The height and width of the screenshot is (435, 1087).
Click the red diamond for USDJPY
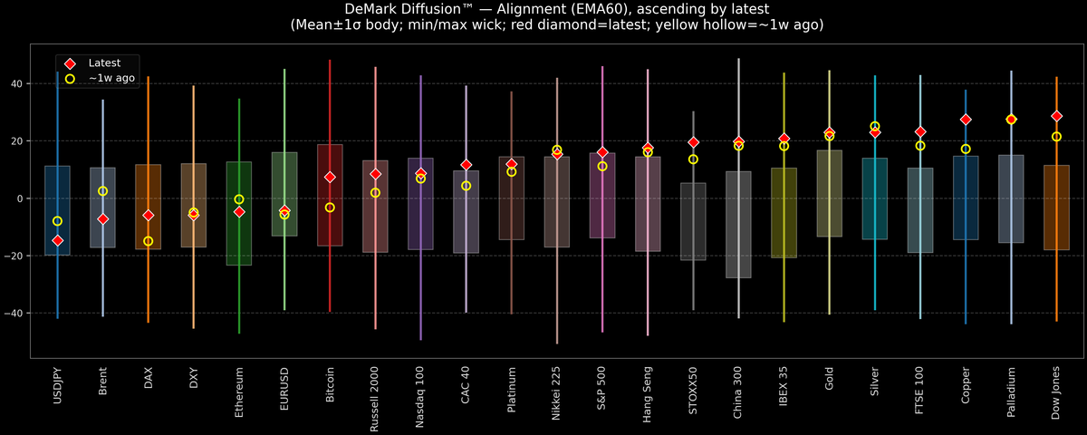(x=57, y=240)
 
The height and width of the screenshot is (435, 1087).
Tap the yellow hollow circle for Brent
(x=102, y=191)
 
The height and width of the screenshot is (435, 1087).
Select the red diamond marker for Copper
(x=966, y=120)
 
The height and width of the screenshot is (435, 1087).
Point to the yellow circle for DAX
(x=148, y=241)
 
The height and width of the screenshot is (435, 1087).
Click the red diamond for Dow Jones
(x=1056, y=116)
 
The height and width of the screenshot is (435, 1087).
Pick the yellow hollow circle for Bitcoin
(x=330, y=208)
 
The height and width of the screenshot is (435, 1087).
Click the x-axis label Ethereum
(x=239, y=391)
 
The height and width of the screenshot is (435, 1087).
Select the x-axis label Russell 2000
(x=375, y=399)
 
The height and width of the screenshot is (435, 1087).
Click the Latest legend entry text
(x=104, y=63)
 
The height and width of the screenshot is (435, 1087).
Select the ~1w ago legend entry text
(x=111, y=79)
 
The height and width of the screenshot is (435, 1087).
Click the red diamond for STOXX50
(x=693, y=142)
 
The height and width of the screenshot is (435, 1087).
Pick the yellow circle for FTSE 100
(x=920, y=146)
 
